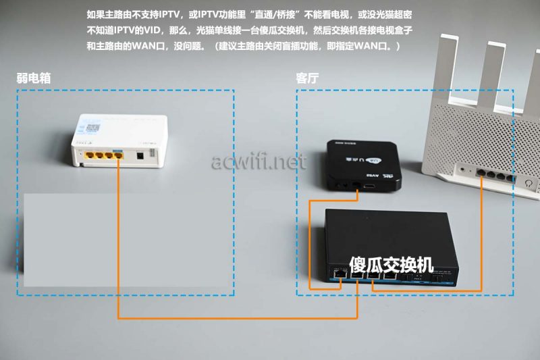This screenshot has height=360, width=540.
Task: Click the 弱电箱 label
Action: pos(34,78)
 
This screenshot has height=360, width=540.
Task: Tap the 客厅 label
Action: pos(307,78)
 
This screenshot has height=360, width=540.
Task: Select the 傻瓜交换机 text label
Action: pos(391,265)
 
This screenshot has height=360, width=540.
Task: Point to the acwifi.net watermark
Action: pos(259,161)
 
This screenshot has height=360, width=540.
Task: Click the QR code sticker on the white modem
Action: pos(93,128)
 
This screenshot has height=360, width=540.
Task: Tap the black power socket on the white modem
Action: pos(140,156)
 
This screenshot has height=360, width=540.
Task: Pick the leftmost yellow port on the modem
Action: pos(90,155)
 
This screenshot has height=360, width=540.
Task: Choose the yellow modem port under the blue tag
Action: pos(118,156)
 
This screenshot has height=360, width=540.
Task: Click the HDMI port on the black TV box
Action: pos(370,186)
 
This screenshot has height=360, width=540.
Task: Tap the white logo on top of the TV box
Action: pos(373,161)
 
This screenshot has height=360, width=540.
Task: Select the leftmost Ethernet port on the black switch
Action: pos(340,274)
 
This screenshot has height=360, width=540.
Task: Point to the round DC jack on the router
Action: pos(462,170)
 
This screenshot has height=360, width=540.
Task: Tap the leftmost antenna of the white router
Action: pos(447,68)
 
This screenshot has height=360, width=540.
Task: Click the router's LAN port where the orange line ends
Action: pos(481,174)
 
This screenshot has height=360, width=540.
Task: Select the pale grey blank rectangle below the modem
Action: pos(127,240)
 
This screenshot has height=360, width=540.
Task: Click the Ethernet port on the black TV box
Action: pos(356,185)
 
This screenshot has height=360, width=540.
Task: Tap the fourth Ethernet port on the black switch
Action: pos(390,276)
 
